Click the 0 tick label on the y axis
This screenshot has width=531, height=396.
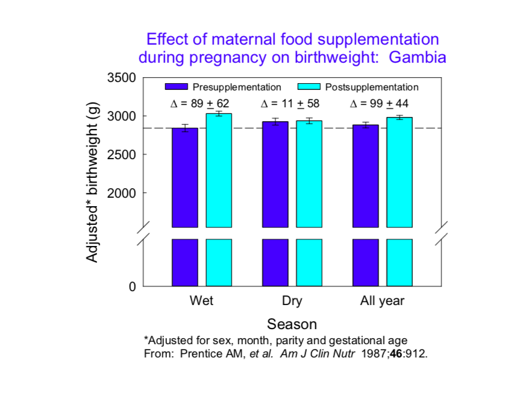tap(132, 286)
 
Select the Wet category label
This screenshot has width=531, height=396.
tap(201, 301)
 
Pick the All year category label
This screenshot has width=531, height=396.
tap(382, 301)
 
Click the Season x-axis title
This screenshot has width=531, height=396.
tap(292, 324)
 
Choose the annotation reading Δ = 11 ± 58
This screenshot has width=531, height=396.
tap(291, 104)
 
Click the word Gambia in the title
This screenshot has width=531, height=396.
tap(417, 58)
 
